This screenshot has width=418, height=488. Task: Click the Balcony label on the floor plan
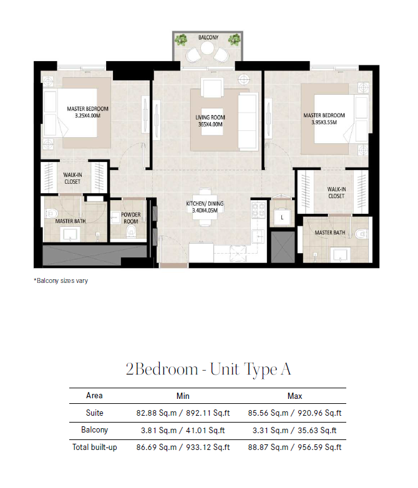pyautogui.click(x=208, y=37)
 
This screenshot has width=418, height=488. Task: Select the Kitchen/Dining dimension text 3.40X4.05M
pyautogui.click(x=205, y=211)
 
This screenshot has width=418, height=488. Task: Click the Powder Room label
pyautogui.click(x=131, y=218)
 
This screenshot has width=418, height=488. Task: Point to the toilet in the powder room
pyautogui.click(x=131, y=231)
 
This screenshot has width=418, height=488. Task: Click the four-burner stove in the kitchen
pyautogui.click(x=258, y=210)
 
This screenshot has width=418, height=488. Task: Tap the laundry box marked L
pyautogui.click(x=282, y=217)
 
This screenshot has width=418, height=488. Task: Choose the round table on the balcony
pyautogui.click(x=207, y=48)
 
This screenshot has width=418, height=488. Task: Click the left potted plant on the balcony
pyautogui.click(x=181, y=40)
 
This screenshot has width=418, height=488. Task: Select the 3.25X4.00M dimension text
pyautogui.click(x=87, y=116)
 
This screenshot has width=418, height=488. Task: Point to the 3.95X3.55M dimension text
pyautogui.click(x=324, y=122)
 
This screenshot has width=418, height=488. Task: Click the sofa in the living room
pyautogui.click(x=248, y=122)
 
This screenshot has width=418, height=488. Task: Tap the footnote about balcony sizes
pyautogui.click(x=61, y=280)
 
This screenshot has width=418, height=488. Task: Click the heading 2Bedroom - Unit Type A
pyautogui.click(x=208, y=370)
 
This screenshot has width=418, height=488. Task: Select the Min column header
pyautogui.click(x=183, y=396)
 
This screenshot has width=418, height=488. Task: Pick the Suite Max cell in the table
pyautogui.click(x=294, y=413)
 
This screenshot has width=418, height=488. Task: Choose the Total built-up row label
pyautogui.click(x=95, y=447)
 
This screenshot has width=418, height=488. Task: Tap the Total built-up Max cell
pyautogui.click(x=294, y=447)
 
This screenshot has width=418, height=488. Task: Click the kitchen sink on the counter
pyautogui.click(x=258, y=237)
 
